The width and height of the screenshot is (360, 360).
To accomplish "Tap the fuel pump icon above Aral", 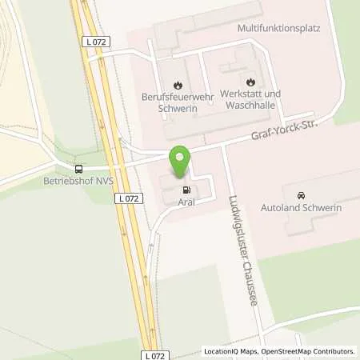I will coord(186,190).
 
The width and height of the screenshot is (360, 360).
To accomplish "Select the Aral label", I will coord(186,204).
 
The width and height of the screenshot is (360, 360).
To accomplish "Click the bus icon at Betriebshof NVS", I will coord(78,169).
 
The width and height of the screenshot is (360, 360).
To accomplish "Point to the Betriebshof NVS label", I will coord(78,181).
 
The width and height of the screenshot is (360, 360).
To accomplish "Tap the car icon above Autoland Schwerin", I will coord(301,196).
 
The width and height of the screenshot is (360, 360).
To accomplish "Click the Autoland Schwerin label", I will coord(301,209).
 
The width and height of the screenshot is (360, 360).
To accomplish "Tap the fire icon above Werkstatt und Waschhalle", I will coord(250,82).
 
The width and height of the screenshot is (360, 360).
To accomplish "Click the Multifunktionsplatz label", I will coord(278,27).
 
